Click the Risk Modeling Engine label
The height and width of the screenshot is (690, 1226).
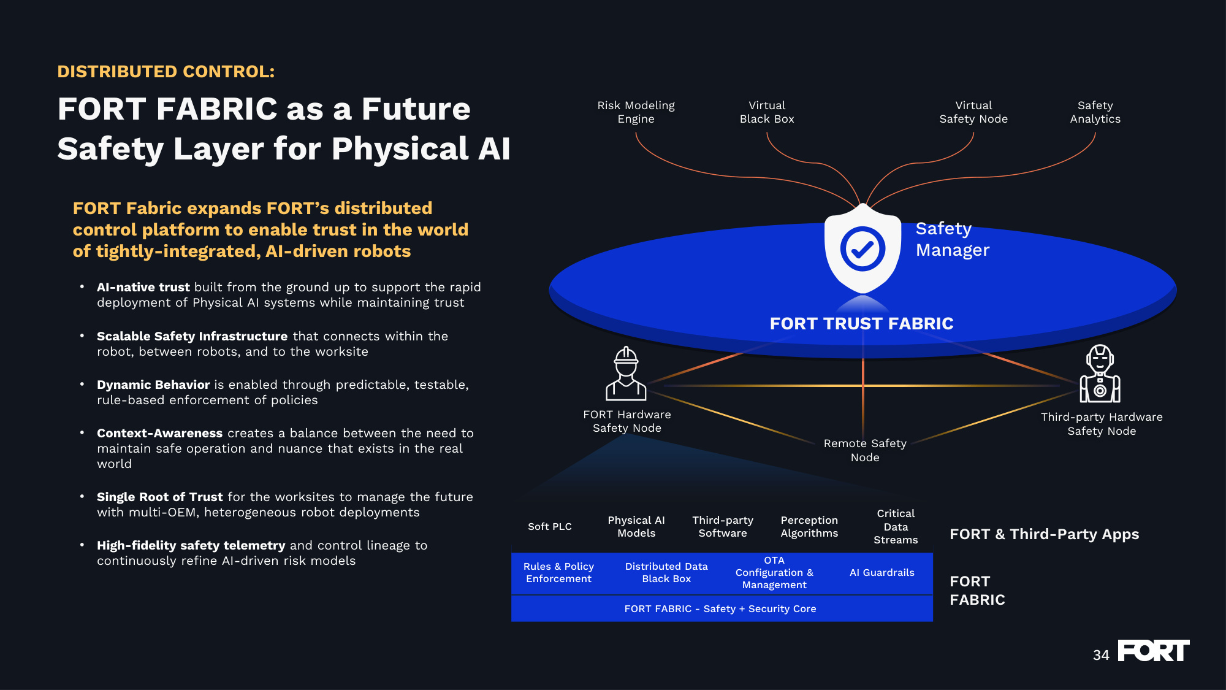point(636,112)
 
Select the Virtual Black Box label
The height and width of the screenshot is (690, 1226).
point(767,112)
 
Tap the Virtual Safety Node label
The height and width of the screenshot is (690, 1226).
point(973,112)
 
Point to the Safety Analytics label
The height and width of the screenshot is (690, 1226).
point(1095,112)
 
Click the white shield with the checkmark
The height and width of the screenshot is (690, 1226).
point(862,248)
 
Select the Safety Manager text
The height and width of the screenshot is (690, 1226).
point(952,239)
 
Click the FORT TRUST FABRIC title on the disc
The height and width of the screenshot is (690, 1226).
point(861,323)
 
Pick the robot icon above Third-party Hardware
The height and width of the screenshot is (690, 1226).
point(1100,374)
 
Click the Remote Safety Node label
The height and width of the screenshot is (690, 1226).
point(865,450)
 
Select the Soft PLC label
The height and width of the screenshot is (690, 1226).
point(550,526)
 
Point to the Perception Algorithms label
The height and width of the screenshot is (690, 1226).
point(809,526)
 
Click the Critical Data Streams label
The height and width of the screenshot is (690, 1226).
point(896,526)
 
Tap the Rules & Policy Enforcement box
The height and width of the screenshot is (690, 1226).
point(558,573)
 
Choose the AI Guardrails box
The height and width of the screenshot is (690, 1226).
point(881,573)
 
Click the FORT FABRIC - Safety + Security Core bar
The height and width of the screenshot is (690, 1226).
point(722,608)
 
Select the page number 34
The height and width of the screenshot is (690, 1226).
point(1101,655)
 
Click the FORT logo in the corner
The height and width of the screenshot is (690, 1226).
point(1153,651)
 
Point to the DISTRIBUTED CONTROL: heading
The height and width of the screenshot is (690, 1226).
point(166,72)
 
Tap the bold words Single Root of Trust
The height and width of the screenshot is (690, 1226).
point(159,497)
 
